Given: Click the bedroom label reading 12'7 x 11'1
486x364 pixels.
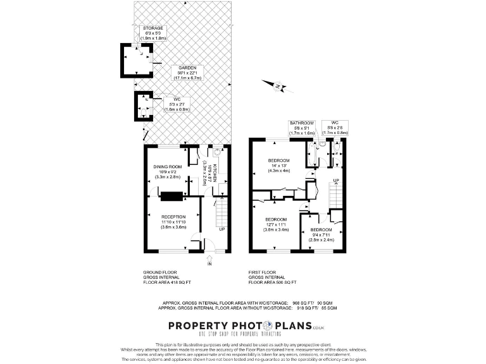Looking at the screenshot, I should (x=276, y=224).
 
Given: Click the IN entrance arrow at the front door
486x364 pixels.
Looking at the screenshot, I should (x=209, y=260).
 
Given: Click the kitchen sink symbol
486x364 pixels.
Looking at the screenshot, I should (x=217, y=152).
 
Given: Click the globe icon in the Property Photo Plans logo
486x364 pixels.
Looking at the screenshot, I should (x=260, y=325).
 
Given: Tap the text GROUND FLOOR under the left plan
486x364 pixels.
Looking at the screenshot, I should (x=160, y=272).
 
